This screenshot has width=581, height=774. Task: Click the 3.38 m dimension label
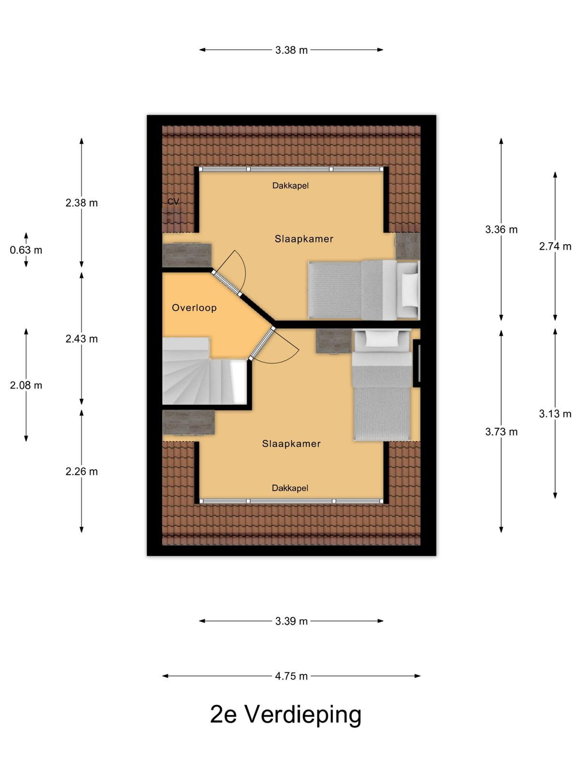[x=291, y=50]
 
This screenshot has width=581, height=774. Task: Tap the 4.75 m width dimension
[x=291, y=676]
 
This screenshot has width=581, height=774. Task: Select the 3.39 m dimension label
[x=291, y=621]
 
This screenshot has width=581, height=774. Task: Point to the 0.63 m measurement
[x=26, y=250]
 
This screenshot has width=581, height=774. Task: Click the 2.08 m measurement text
[x=26, y=385]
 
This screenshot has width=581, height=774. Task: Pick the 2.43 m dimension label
[x=81, y=339]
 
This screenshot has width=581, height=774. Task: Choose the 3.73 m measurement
[x=501, y=432]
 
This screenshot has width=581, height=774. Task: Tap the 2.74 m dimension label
[x=555, y=246]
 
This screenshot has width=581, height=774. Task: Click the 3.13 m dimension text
[x=555, y=414]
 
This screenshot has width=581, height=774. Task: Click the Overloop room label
[x=194, y=308]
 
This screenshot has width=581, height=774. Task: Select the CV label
[x=173, y=201]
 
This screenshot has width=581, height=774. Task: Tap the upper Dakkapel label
[x=290, y=185]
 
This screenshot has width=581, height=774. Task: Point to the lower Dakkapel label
[x=290, y=488]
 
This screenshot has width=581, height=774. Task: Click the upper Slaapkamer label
[x=304, y=239]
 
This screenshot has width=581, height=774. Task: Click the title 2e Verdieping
[x=286, y=715]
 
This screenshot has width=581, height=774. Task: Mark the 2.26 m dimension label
[x=81, y=472]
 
